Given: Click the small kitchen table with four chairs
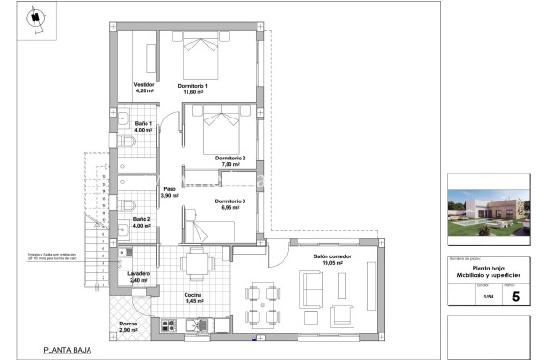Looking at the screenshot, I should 195,267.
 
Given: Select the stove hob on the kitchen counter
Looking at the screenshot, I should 170,325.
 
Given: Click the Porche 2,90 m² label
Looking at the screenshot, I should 129,327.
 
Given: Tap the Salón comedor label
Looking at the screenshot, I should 332,259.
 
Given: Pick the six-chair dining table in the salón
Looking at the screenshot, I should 262,305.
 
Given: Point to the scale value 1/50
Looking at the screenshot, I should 484,298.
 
